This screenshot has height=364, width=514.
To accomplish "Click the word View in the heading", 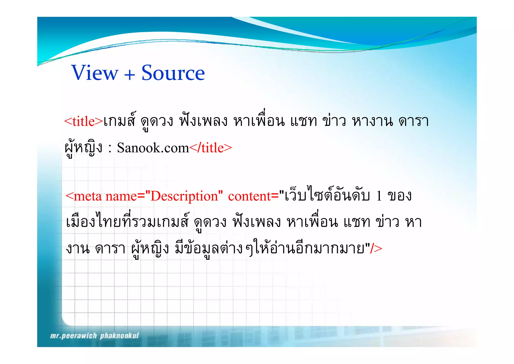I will click(x=95, y=73).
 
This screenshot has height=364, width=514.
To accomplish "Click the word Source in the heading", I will click(x=173, y=73).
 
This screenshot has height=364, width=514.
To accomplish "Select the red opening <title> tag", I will click(x=84, y=121).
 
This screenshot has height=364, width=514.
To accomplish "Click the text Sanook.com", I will click(x=153, y=148).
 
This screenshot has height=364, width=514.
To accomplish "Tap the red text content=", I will click(x=253, y=196).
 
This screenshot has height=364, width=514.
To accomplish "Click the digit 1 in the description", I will click(x=379, y=196).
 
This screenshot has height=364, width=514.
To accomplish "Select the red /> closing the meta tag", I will click(x=376, y=248).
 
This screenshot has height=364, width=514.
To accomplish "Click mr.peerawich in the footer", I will click(x=73, y=336).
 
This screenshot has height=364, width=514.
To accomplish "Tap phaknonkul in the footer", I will click(x=119, y=336).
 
